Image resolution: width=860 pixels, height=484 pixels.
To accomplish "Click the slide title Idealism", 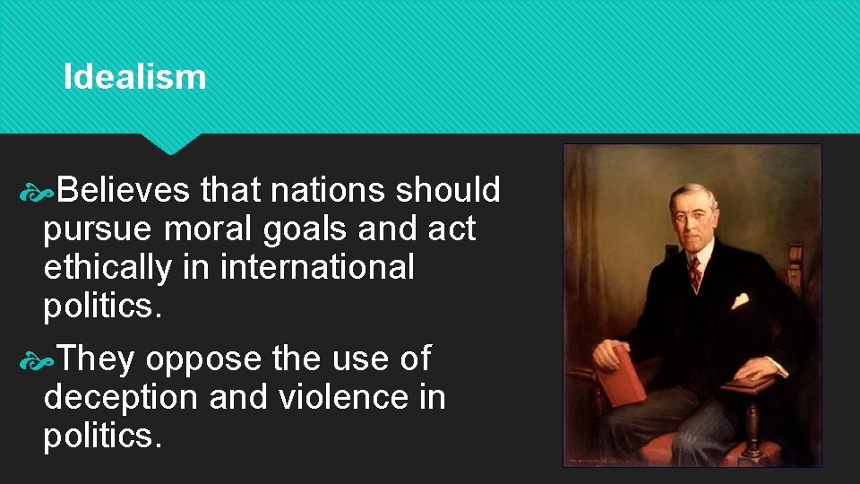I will point(134,77).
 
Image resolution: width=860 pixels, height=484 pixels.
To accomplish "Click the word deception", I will point(121,396).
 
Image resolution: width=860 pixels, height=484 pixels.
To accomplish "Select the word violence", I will point(340,396).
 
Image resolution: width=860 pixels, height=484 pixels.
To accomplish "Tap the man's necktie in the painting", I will point(694,272).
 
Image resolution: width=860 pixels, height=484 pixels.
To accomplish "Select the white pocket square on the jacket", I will point(740,301).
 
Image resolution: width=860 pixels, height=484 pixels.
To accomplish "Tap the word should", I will point(448,190).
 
